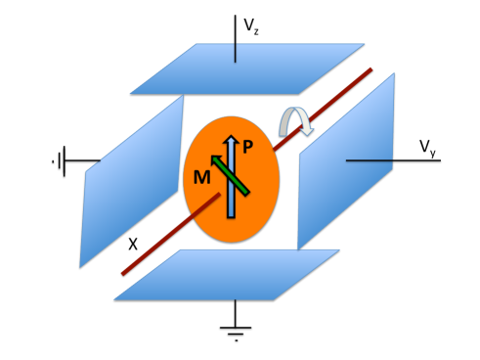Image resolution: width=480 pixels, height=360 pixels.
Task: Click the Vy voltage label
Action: click(x=428, y=148)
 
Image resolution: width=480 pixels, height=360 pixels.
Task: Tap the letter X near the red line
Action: click(x=133, y=242)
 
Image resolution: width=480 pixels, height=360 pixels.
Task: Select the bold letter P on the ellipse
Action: click(x=248, y=147)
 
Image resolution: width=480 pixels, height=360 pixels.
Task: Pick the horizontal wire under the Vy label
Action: click(x=381, y=160)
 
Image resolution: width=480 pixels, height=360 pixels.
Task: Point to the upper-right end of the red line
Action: click(x=371, y=70)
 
